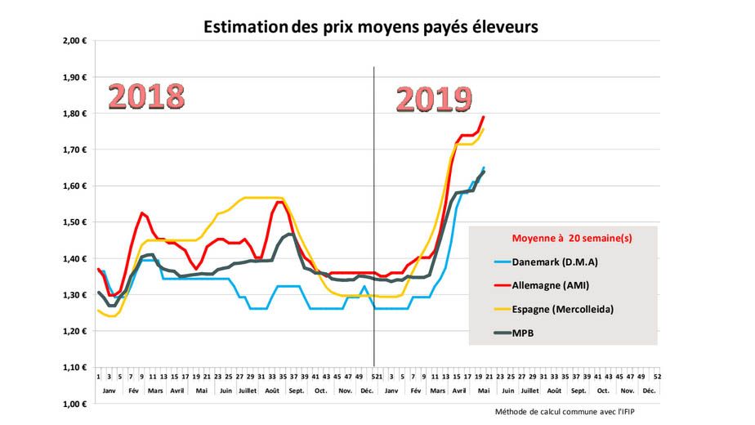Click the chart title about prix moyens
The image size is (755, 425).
[x=370, y=26]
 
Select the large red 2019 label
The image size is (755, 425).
[x=434, y=99]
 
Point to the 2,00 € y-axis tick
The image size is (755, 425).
[x=75, y=41]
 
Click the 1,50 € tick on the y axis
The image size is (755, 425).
[x=75, y=222]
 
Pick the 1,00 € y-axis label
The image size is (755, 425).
[x=75, y=404]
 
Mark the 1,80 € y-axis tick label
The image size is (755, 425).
[x=75, y=114]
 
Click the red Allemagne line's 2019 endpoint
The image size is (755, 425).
[x=483, y=118]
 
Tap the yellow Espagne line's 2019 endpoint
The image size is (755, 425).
[x=483, y=129]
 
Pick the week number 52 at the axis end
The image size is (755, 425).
[x=657, y=377]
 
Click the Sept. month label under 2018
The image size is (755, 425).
[x=296, y=391]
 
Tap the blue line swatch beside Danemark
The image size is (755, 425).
[x=494, y=262]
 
